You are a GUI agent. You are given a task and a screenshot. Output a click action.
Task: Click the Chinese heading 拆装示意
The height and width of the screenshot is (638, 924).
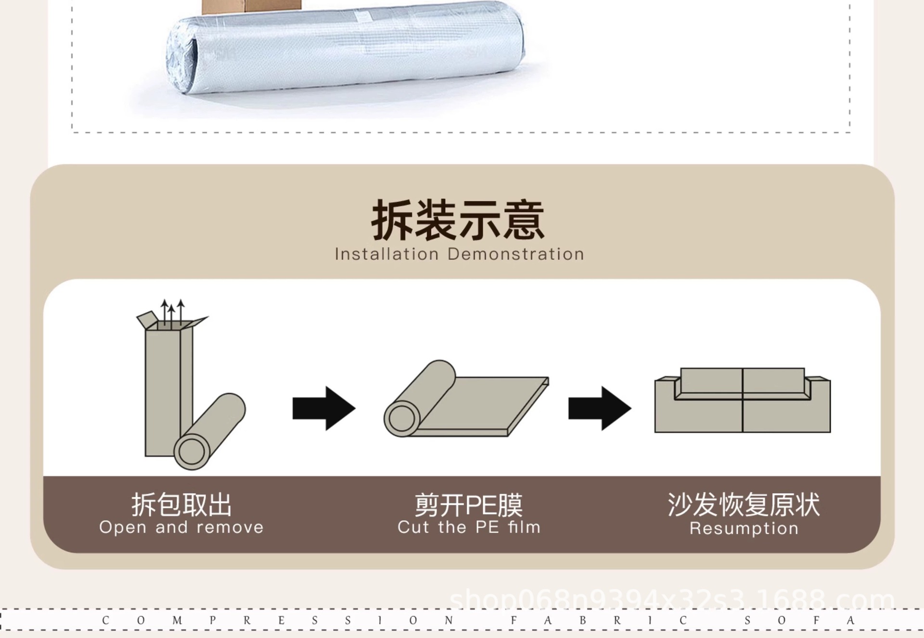458,221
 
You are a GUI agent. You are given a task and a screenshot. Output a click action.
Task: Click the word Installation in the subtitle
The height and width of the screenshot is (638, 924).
386,254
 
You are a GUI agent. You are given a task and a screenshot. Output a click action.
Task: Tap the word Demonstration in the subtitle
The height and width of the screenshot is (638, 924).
515,254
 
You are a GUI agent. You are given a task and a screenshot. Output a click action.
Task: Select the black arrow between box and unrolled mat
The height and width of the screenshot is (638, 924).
324,408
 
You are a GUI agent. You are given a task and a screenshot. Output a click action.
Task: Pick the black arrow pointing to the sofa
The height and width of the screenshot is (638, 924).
600,408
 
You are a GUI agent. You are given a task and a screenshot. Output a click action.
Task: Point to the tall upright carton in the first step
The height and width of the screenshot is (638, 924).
164,390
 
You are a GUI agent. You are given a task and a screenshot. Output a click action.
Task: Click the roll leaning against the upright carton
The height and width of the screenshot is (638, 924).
210,431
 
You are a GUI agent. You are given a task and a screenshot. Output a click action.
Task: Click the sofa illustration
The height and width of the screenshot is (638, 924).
742,401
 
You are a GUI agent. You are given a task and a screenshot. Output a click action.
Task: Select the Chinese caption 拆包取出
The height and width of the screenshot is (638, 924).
181,505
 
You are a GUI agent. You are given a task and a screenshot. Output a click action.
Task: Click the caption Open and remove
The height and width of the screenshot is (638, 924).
181,527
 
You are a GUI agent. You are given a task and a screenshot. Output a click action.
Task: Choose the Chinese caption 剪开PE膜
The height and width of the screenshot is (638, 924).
469,505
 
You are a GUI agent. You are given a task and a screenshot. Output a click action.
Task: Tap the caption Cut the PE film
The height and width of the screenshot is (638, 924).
469,527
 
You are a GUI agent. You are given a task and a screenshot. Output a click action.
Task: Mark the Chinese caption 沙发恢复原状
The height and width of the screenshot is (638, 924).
744,505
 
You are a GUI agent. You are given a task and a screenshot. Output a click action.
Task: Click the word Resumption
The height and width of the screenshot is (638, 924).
744,528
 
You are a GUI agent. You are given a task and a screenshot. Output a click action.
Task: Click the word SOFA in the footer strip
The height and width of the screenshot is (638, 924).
799,620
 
